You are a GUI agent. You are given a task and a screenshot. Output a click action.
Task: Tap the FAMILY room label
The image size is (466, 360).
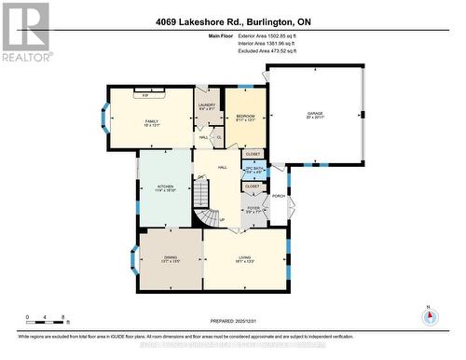(151, 123)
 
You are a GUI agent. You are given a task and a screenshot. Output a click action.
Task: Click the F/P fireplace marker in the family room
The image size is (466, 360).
(145, 95)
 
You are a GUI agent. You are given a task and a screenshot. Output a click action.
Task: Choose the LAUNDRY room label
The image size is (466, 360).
(207, 105)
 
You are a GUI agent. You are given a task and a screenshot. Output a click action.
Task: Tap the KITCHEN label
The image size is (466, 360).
(165, 187)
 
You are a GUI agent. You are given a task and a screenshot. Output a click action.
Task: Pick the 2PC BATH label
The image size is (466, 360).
(253, 169)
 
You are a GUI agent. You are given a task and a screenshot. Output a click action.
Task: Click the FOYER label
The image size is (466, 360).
(253, 210)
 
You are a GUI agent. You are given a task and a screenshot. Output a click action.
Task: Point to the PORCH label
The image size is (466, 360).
(278, 196)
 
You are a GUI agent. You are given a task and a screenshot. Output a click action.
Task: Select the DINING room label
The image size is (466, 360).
(169, 260)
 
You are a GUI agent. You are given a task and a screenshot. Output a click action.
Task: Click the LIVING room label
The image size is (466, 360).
(245, 260)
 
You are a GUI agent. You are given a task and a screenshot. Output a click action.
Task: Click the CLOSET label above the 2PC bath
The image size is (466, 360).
(253, 153)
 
